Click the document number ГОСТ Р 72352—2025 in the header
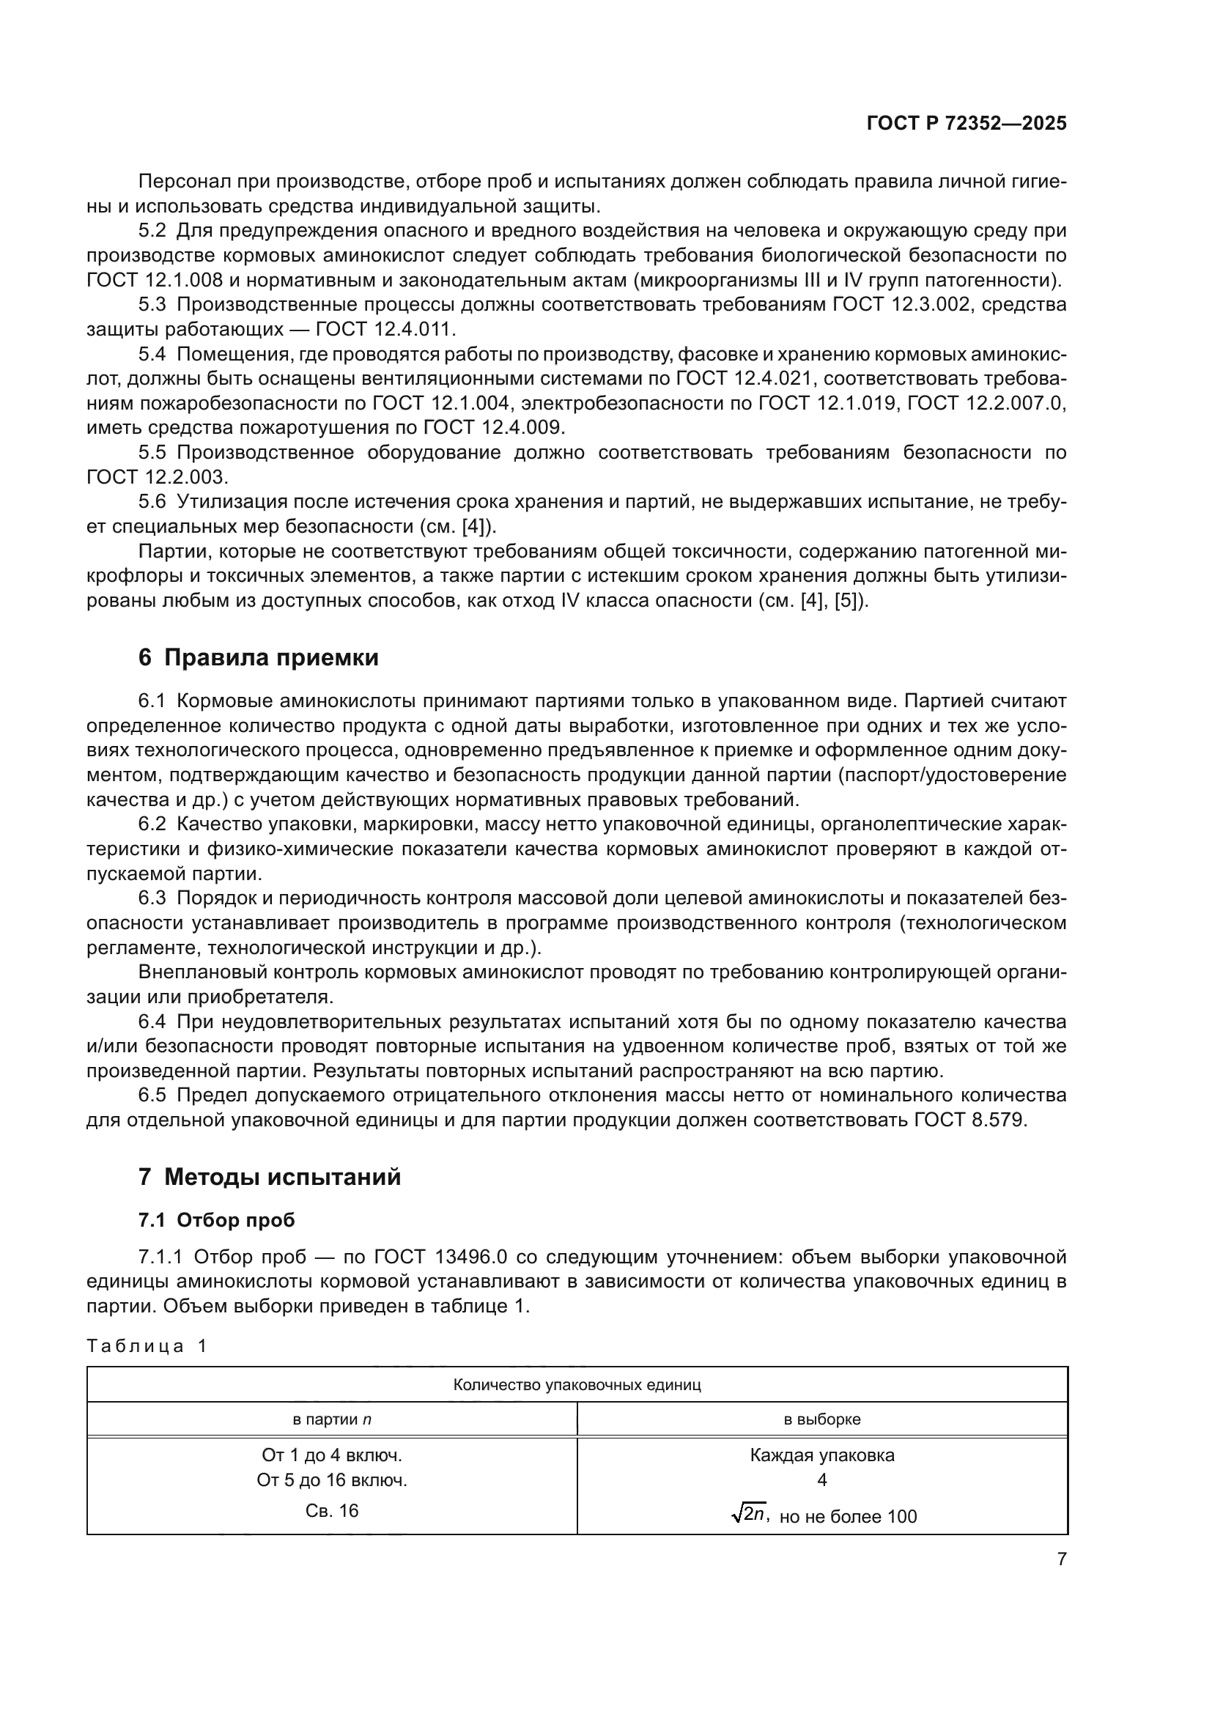[x=967, y=124]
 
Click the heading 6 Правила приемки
[x=258, y=657]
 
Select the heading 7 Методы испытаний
[x=270, y=1178]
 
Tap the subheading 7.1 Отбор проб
[x=216, y=1221]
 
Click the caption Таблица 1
[x=147, y=1346]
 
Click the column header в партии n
[x=331, y=1419]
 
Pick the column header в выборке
[x=821, y=1419]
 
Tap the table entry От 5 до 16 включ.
[x=331, y=1480]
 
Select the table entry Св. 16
[x=331, y=1511]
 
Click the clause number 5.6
[x=152, y=502]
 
